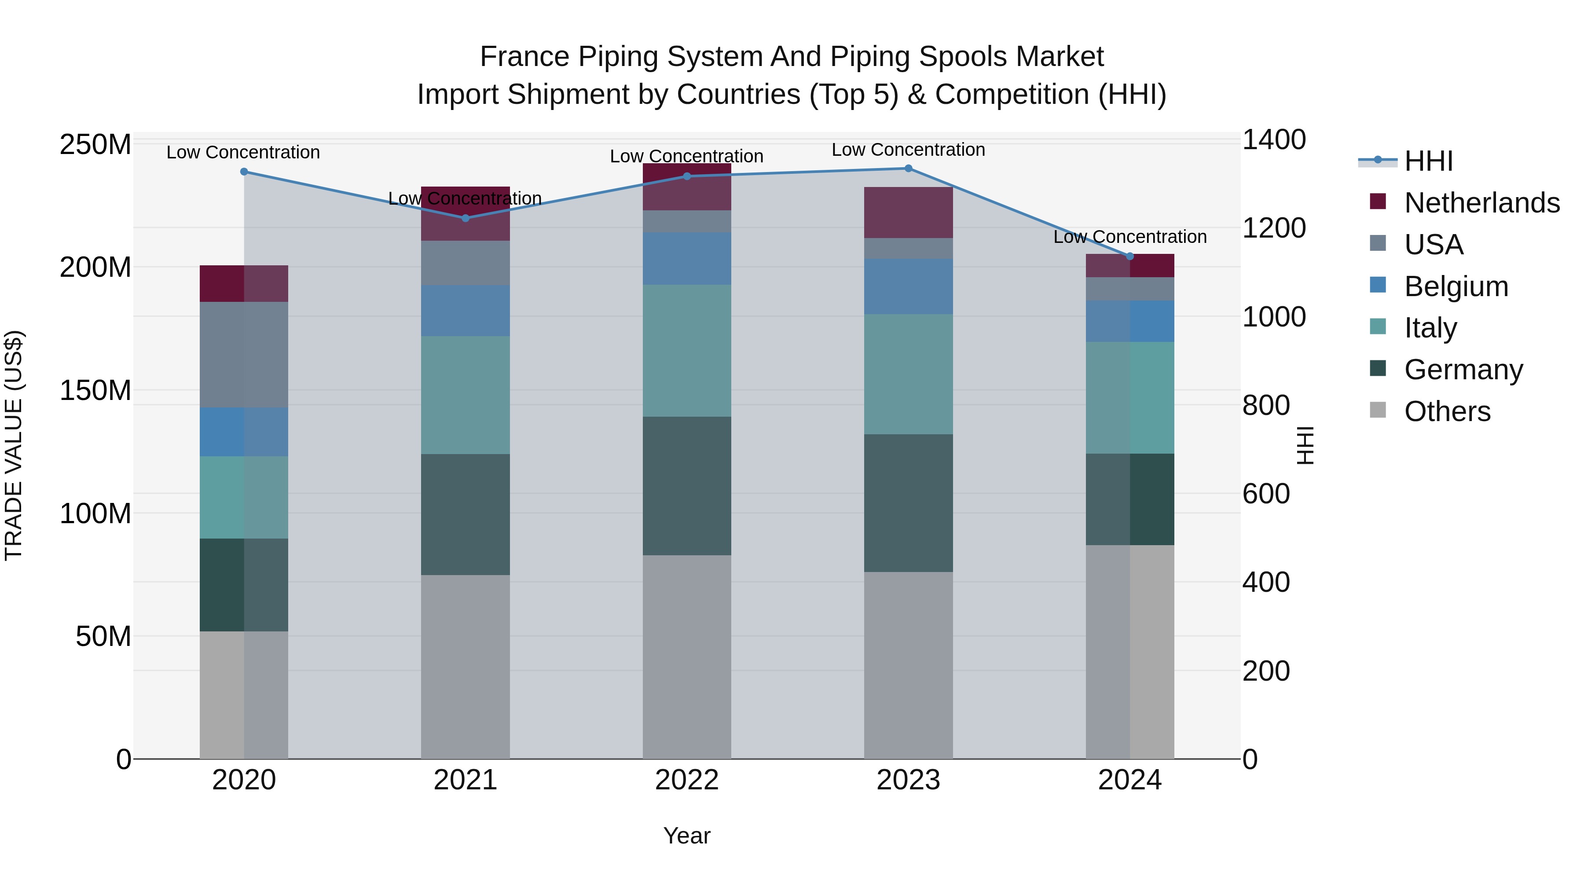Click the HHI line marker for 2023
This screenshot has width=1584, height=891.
click(x=908, y=169)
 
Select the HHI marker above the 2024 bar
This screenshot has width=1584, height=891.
click(x=1129, y=257)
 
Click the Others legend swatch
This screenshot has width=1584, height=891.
click(x=1378, y=410)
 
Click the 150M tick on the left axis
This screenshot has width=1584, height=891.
click(x=95, y=390)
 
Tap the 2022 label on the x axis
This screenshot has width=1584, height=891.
click(x=687, y=780)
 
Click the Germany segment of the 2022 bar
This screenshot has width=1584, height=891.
click(x=687, y=486)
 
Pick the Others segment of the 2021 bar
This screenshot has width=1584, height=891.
click(x=466, y=667)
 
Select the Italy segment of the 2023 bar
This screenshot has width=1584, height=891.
click(x=908, y=374)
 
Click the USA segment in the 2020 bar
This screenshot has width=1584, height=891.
click(x=244, y=355)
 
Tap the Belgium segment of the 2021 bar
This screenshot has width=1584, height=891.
click(x=466, y=311)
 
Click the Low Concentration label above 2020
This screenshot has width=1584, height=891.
click(x=243, y=153)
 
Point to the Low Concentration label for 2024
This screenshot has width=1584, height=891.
click(x=1129, y=237)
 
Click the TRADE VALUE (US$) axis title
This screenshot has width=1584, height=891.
click(x=14, y=445)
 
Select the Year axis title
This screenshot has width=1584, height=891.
click(x=687, y=836)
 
